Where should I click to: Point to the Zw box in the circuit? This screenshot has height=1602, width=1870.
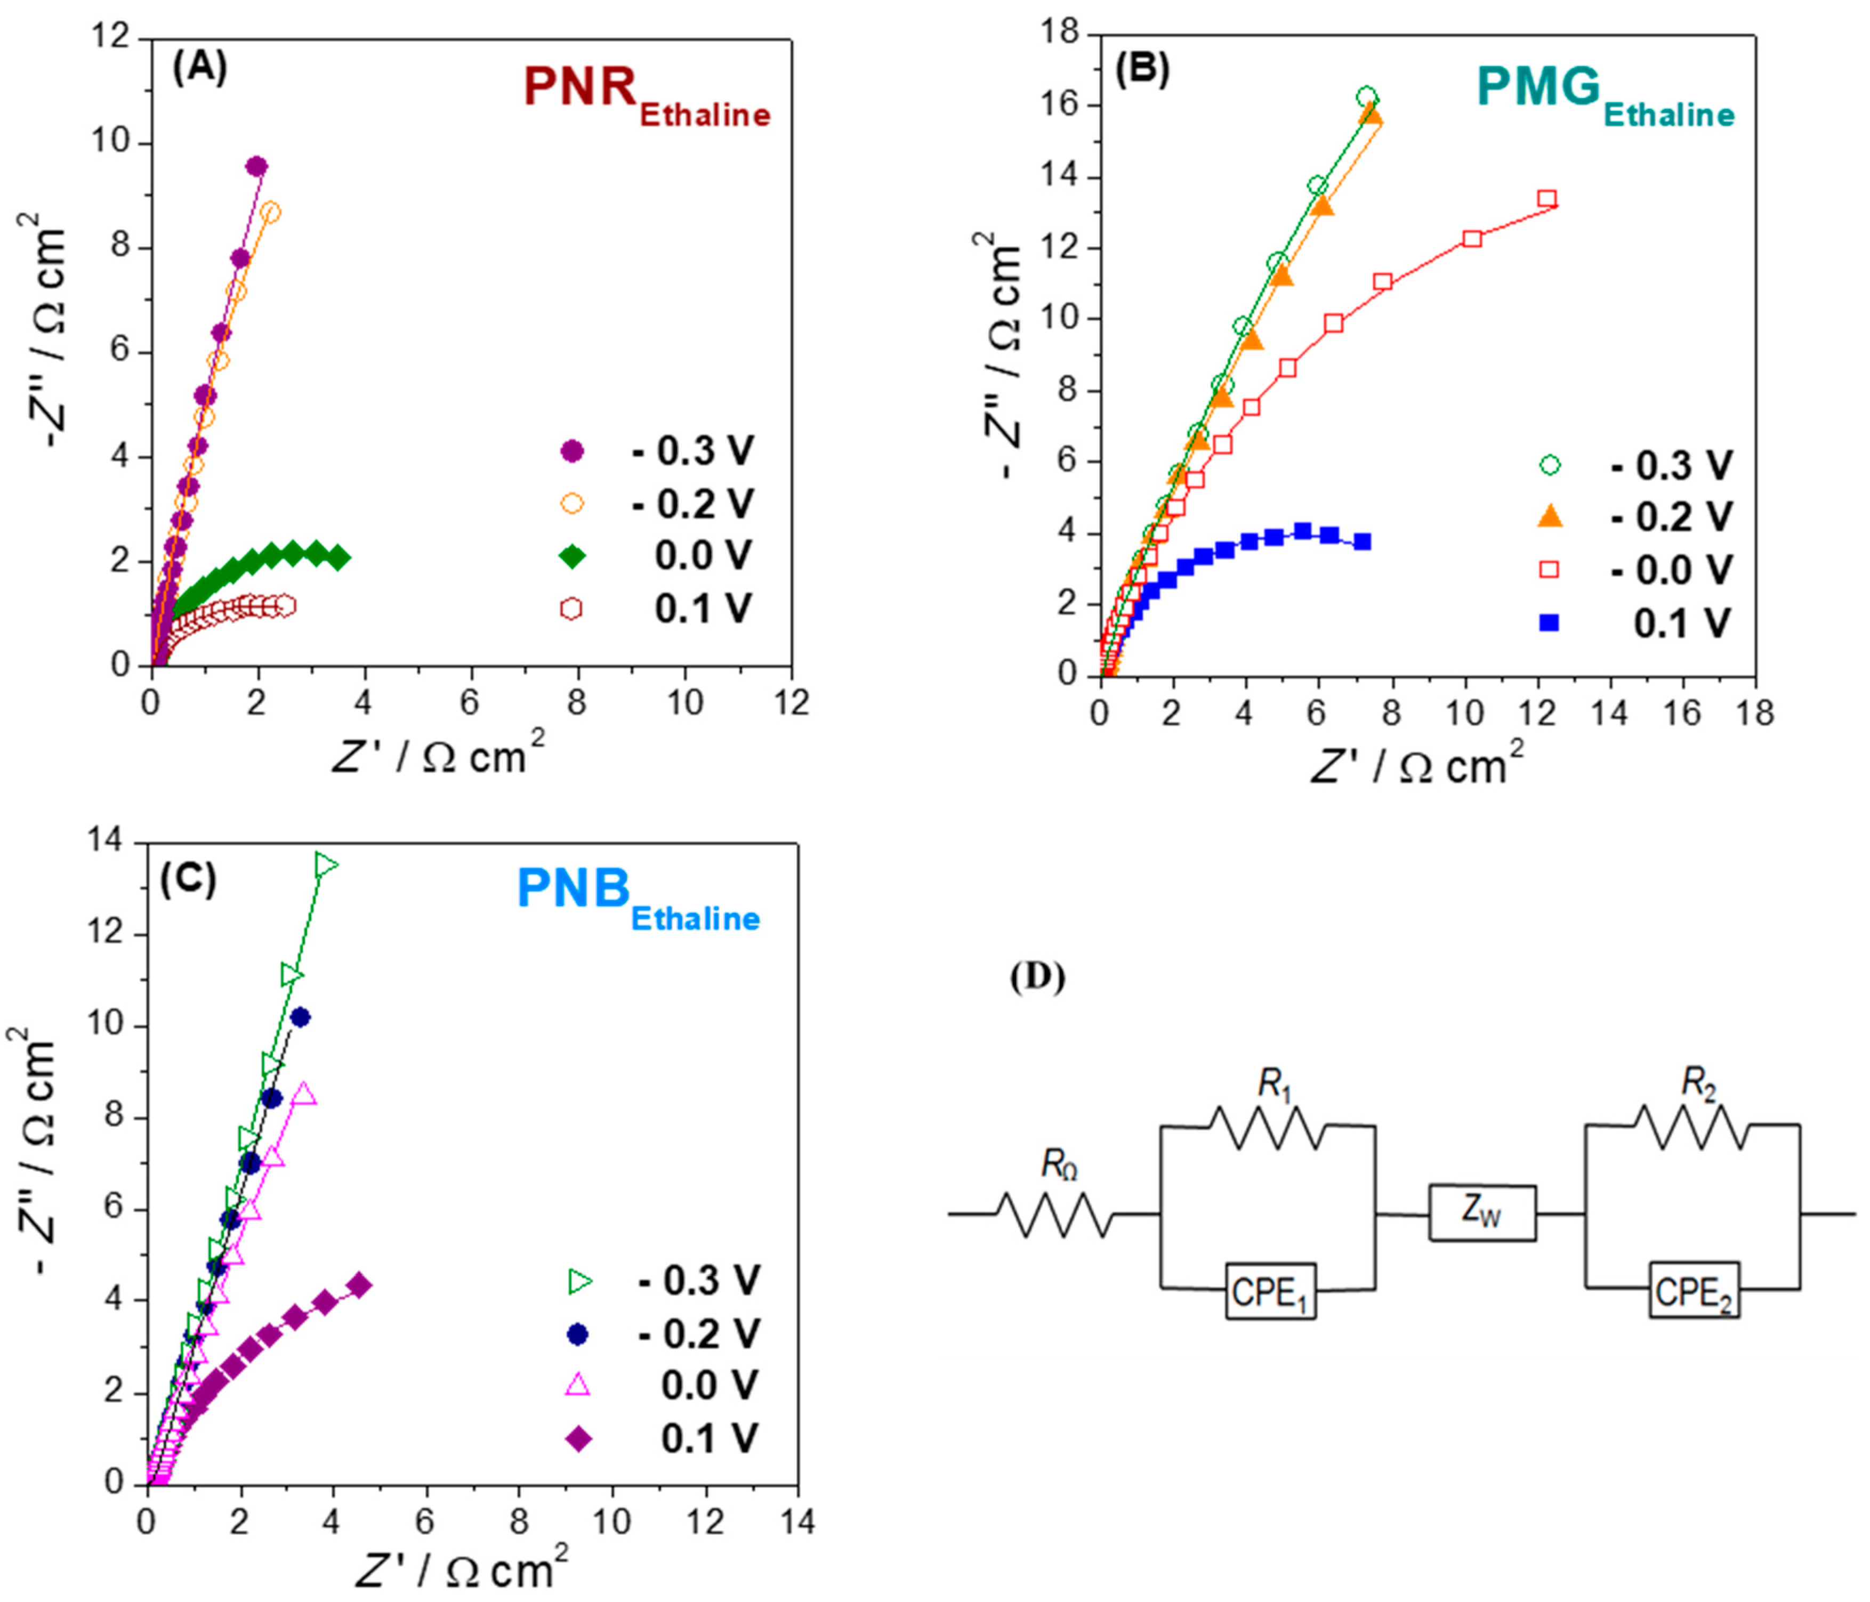(x=1482, y=1214)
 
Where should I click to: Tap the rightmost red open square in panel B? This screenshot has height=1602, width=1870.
(x=1547, y=199)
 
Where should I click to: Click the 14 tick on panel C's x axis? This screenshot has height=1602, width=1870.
(x=796, y=1524)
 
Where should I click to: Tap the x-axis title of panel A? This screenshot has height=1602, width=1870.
(x=440, y=754)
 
